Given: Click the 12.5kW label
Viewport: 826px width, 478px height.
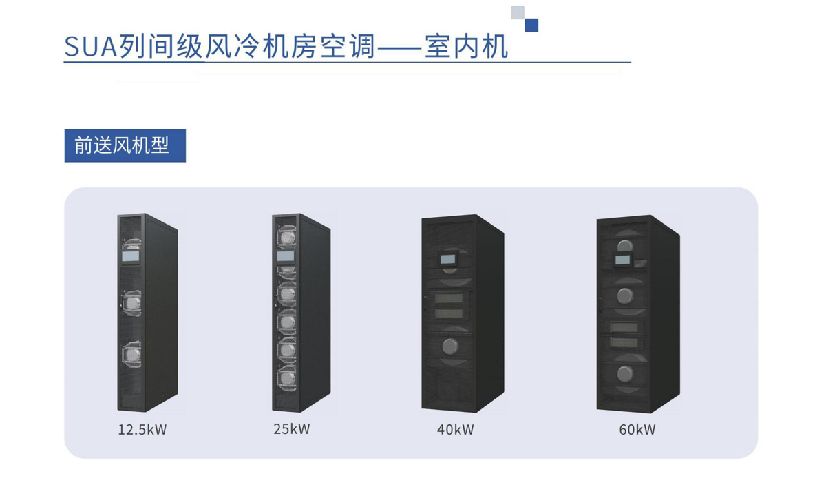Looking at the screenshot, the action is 142,429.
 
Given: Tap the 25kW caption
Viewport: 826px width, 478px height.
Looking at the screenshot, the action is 292,428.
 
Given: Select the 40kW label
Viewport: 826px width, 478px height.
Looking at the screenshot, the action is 456,429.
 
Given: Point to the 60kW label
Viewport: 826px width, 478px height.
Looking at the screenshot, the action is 637,429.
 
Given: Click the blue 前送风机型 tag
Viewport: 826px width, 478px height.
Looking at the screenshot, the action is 125,145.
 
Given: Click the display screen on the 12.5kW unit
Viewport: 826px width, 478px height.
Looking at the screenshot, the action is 131,256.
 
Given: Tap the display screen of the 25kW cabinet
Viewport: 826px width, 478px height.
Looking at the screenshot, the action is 286,256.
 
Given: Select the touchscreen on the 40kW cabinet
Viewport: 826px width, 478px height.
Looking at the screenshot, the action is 447,259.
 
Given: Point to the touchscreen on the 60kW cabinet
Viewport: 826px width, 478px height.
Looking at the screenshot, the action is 622,260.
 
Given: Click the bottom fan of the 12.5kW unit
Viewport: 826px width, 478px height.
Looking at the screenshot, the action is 131,354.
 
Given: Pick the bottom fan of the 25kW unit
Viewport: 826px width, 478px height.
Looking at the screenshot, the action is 286,377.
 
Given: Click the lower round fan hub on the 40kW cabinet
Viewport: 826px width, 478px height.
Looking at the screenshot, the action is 450,346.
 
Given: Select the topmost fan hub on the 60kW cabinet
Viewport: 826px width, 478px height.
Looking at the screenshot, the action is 625,246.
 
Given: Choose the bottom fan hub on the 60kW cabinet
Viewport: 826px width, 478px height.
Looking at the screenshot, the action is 625,374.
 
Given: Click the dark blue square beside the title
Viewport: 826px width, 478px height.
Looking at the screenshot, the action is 531,25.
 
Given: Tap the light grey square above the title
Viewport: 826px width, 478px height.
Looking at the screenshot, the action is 518,12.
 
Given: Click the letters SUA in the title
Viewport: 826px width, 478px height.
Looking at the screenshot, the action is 91,47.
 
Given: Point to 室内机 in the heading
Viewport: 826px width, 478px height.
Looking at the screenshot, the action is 467,47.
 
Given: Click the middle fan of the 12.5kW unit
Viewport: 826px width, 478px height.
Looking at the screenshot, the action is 131,304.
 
